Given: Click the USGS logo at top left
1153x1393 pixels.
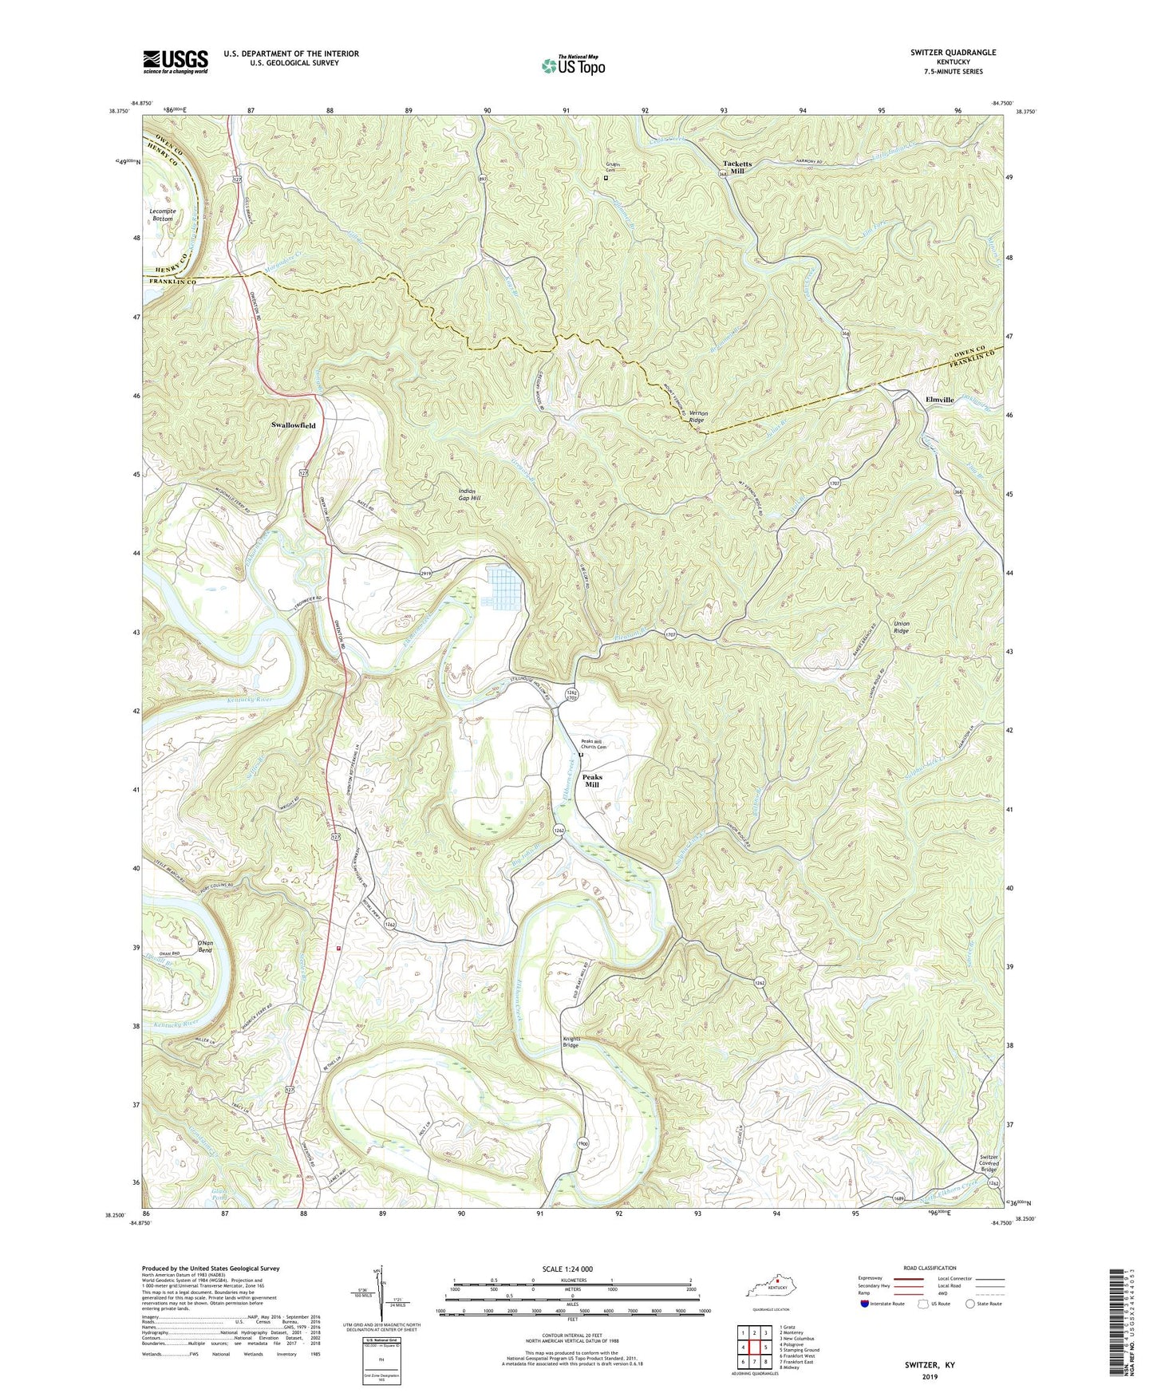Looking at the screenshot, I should [176, 61].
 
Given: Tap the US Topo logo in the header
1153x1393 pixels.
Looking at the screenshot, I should [572, 65].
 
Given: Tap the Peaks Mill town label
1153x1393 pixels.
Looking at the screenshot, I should [591, 780].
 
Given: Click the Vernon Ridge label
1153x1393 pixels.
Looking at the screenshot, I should [697, 416].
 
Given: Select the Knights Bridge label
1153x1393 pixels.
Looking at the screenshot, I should [571, 1042].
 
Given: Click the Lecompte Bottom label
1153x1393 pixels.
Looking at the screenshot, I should [163, 215].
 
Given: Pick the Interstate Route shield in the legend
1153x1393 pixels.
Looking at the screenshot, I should [866, 1304].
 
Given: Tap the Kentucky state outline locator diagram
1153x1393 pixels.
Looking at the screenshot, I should [770, 1290].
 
